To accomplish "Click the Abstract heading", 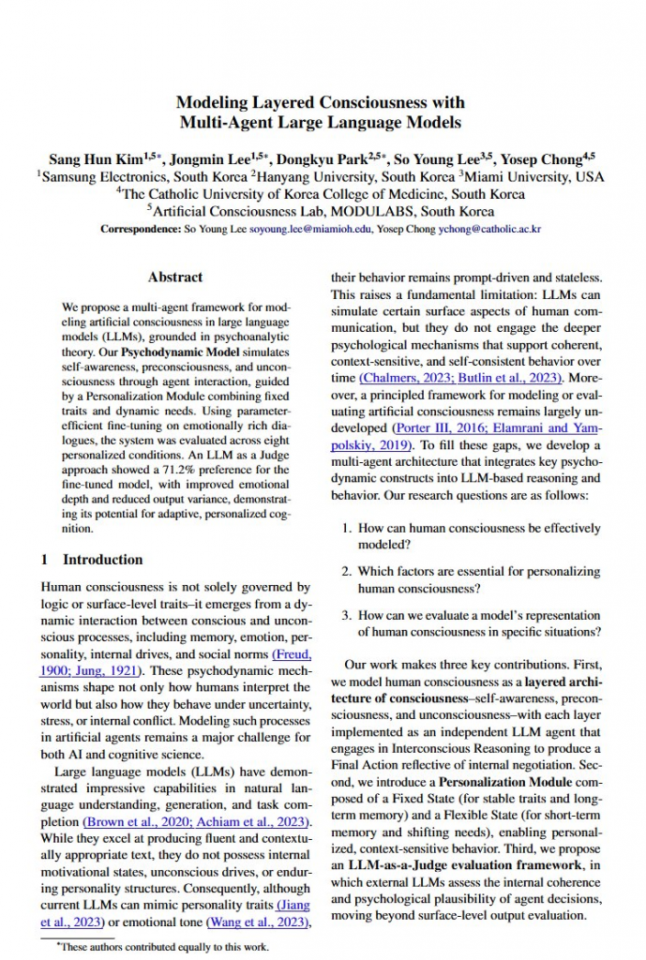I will (x=174, y=277).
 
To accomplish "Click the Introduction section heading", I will (x=102, y=560).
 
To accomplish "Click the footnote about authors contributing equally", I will (x=163, y=947).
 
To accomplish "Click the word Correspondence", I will (x=143, y=229).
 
